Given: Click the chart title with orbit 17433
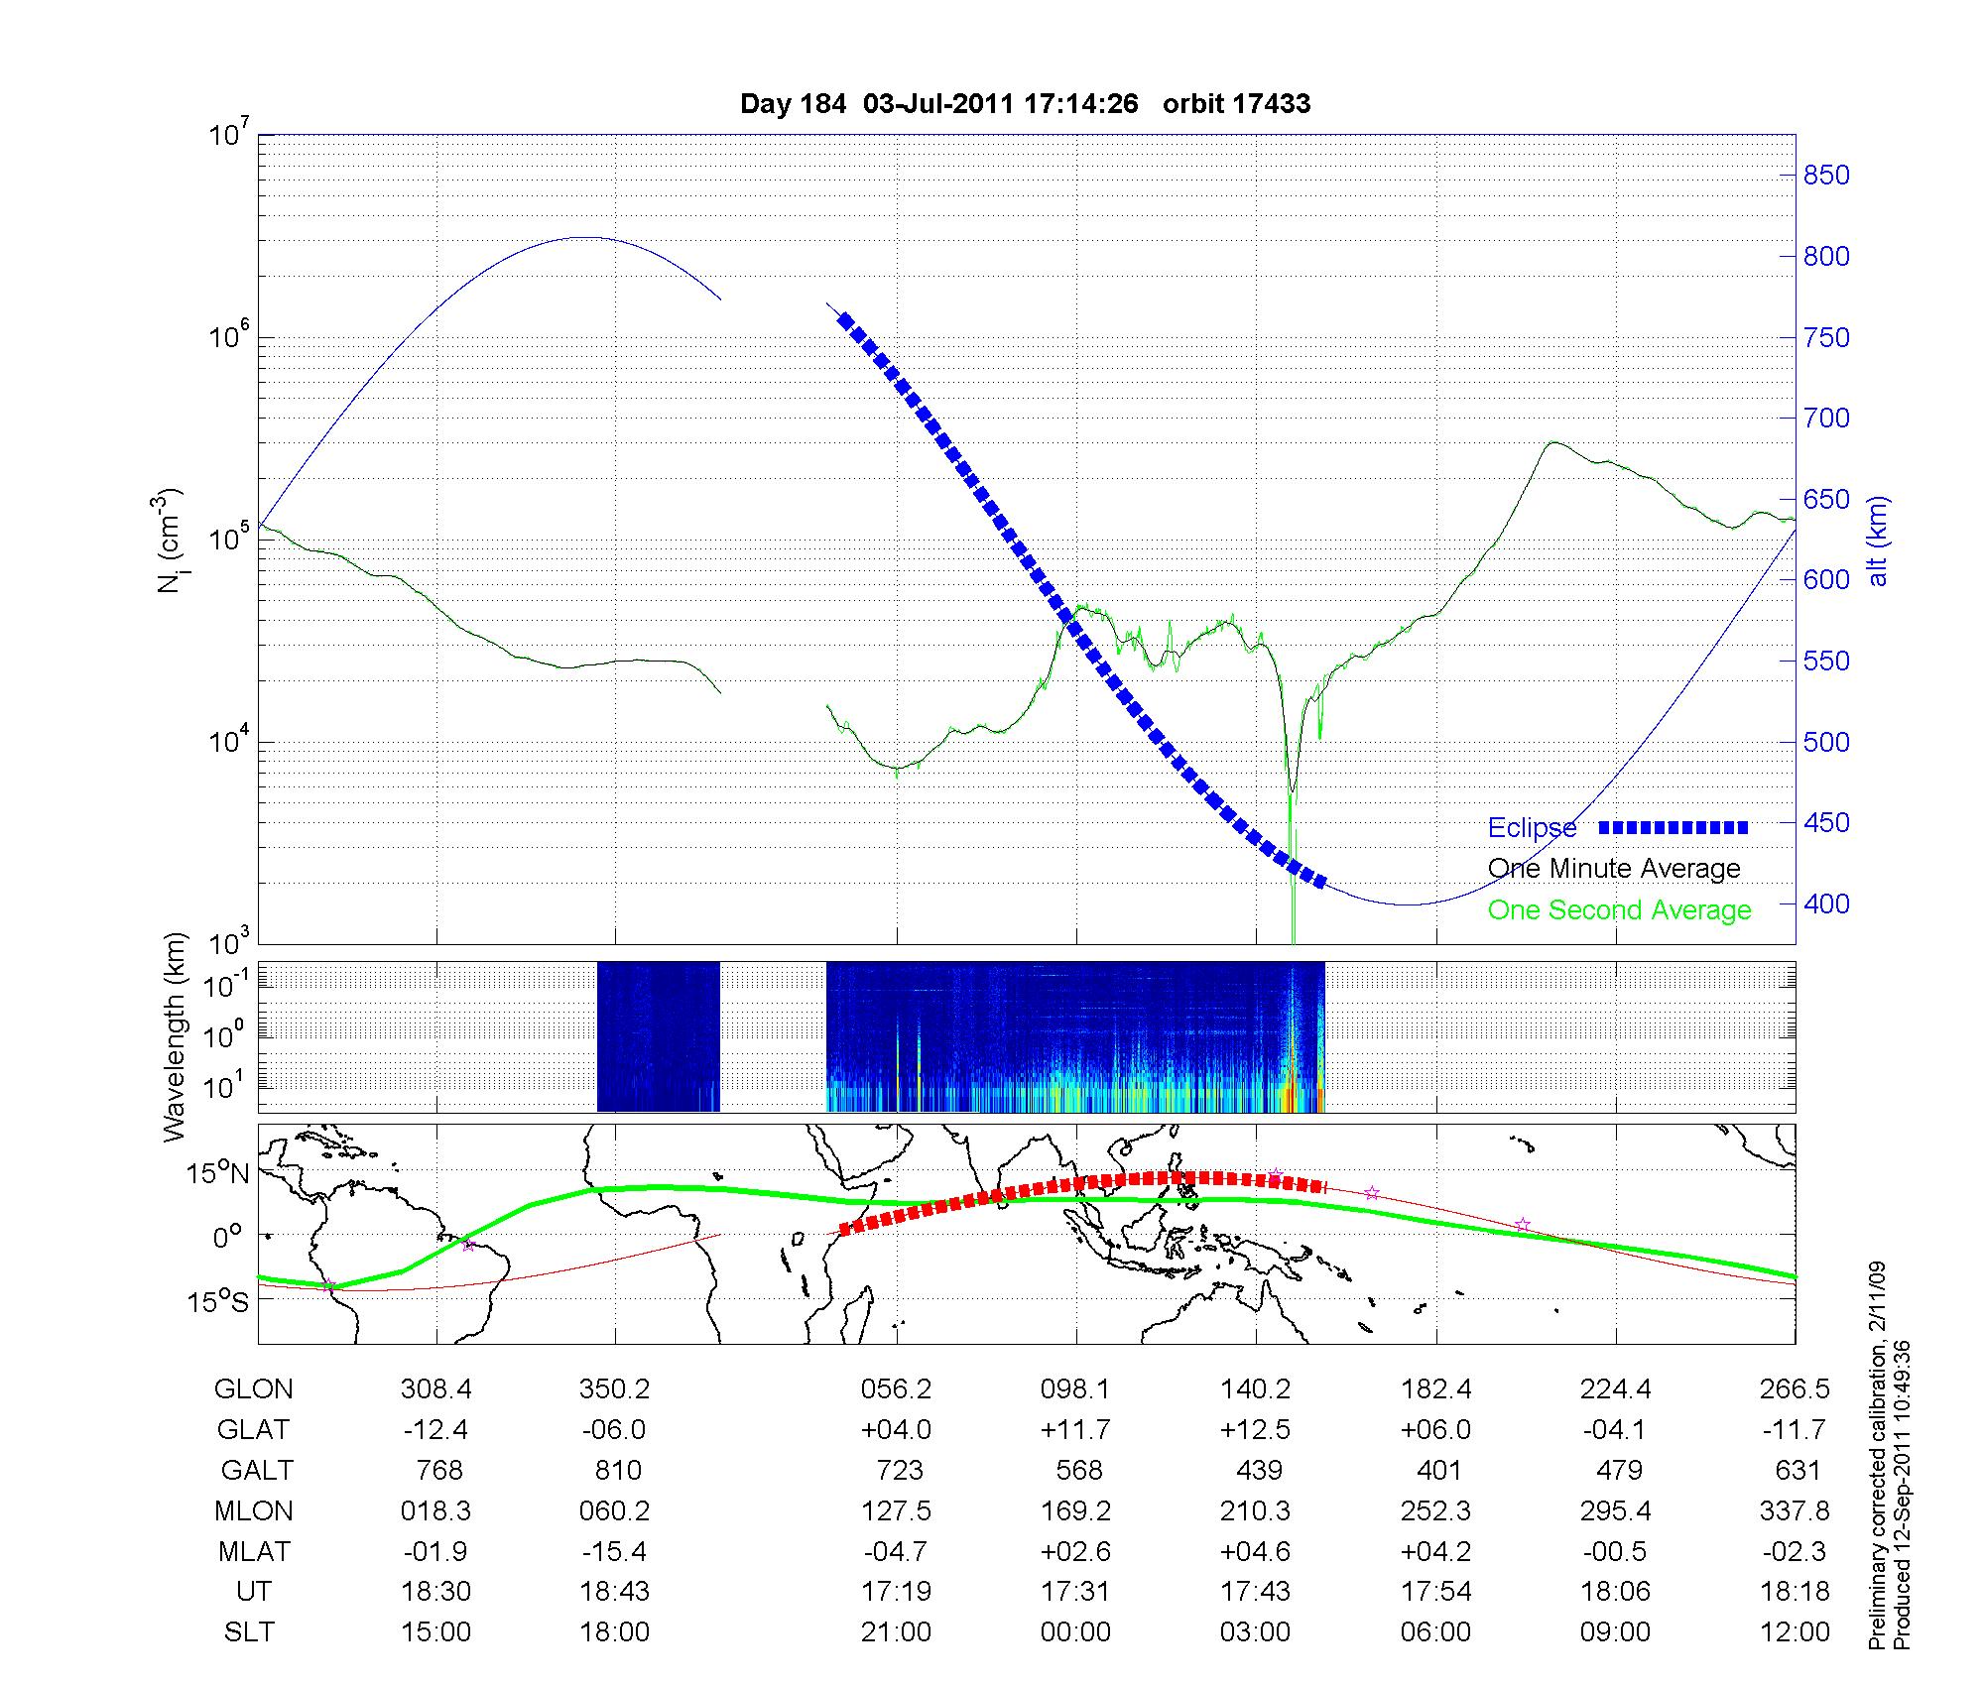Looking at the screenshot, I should coord(1025,104).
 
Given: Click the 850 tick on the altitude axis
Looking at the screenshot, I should coord(1826,176).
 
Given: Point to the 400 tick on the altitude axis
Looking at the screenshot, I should coord(1826,903).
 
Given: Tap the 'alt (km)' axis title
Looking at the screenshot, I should coord(1877,541).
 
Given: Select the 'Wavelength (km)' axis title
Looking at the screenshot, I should coord(176,1036).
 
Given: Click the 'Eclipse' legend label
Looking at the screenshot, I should coord(1532,828).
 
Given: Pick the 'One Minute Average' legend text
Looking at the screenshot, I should coord(1614,869).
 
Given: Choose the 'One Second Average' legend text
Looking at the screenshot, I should coord(1619,910).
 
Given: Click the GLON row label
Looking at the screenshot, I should coord(253,1388).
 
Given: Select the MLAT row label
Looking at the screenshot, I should coord(253,1551).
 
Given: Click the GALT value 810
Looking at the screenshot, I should coord(617,1470).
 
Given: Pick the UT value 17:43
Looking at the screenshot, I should coord(1256,1591).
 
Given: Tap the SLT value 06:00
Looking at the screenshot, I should coord(1435,1631).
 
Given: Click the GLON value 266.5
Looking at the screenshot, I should coord(1795,1388).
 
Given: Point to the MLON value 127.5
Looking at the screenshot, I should coord(896,1510).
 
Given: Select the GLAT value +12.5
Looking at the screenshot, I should coord(1256,1429).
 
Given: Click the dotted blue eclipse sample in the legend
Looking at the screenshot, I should coord(1674,827).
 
